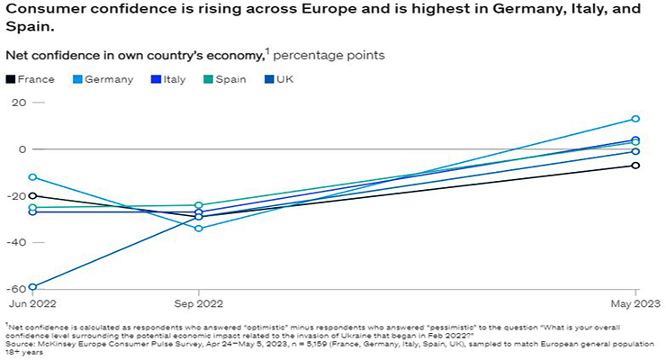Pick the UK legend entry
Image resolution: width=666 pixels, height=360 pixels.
point(284,79)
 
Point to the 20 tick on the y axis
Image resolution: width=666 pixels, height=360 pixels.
point(18,103)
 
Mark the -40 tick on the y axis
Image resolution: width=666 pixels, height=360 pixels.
point(16,243)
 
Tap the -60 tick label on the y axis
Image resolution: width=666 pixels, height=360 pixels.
point(16,289)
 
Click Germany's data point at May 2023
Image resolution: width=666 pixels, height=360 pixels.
point(636,119)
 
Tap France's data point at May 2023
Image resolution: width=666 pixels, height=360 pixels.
point(636,166)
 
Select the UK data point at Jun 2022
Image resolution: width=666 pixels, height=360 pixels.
point(33,287)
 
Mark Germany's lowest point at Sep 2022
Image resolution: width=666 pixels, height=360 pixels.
point(199,229)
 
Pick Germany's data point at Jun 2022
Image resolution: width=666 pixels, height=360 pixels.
point(33,177)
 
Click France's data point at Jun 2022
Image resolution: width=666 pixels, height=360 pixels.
point(33,195)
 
